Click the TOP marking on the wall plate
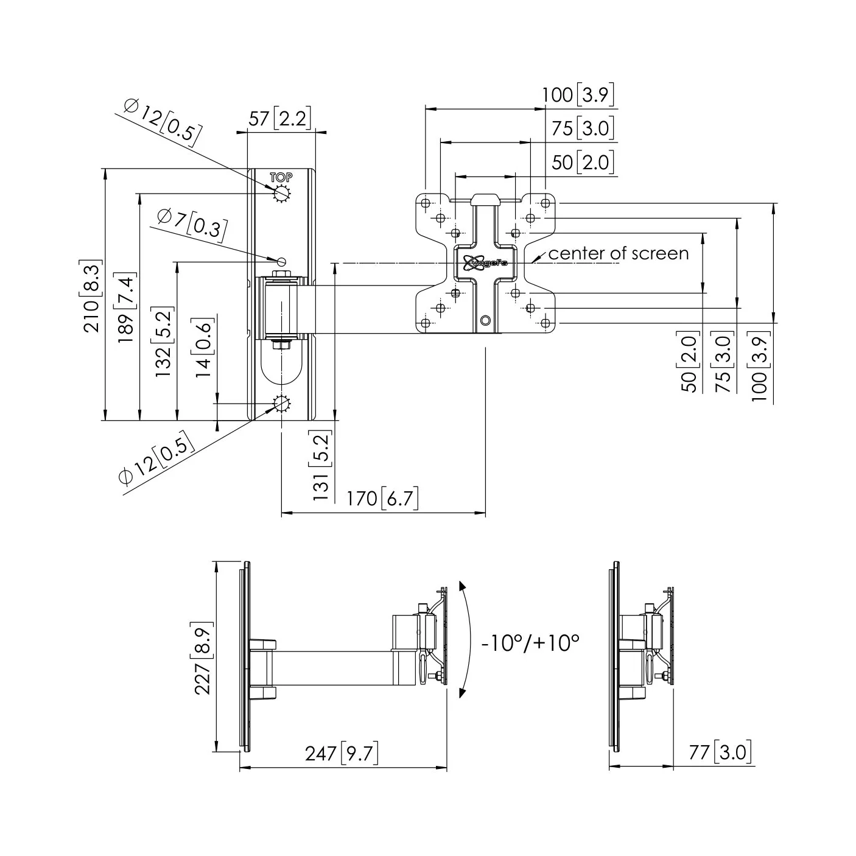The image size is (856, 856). (281, 178)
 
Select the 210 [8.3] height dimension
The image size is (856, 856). (91, 296)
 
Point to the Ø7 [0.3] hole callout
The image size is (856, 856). (192, 223)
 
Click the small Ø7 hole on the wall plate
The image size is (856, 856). (282, 261)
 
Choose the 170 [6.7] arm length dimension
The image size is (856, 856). (382, 499)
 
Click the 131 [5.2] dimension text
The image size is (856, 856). (321, 466)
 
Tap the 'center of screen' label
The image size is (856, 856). (619, 254)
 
